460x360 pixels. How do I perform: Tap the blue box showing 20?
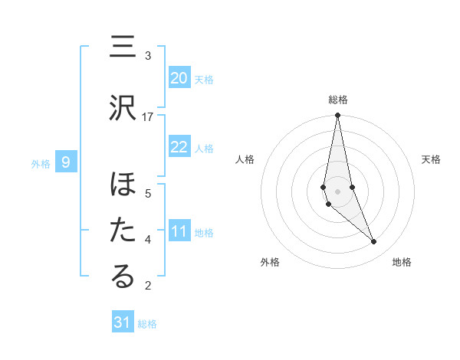pos(179,78)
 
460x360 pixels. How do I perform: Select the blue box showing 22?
pos(179,147)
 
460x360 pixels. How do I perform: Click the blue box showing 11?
pos(179,231)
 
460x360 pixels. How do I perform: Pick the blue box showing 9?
pos(67,162)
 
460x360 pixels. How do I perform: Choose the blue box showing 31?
pos(123,322)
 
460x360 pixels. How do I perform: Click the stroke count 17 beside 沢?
pos(148,116)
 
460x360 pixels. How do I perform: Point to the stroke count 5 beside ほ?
pos(148,193)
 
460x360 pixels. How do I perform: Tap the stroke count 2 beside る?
pos(148,286)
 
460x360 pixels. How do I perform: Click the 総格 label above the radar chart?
pos(337,100)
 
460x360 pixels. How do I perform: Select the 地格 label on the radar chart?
pos(402,263)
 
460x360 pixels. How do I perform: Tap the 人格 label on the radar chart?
pos(245,159)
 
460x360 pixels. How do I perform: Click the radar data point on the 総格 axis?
pos(337,116)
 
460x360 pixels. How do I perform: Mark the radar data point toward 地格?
pos(374,242)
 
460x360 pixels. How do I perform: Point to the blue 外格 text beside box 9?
pos(40,163)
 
